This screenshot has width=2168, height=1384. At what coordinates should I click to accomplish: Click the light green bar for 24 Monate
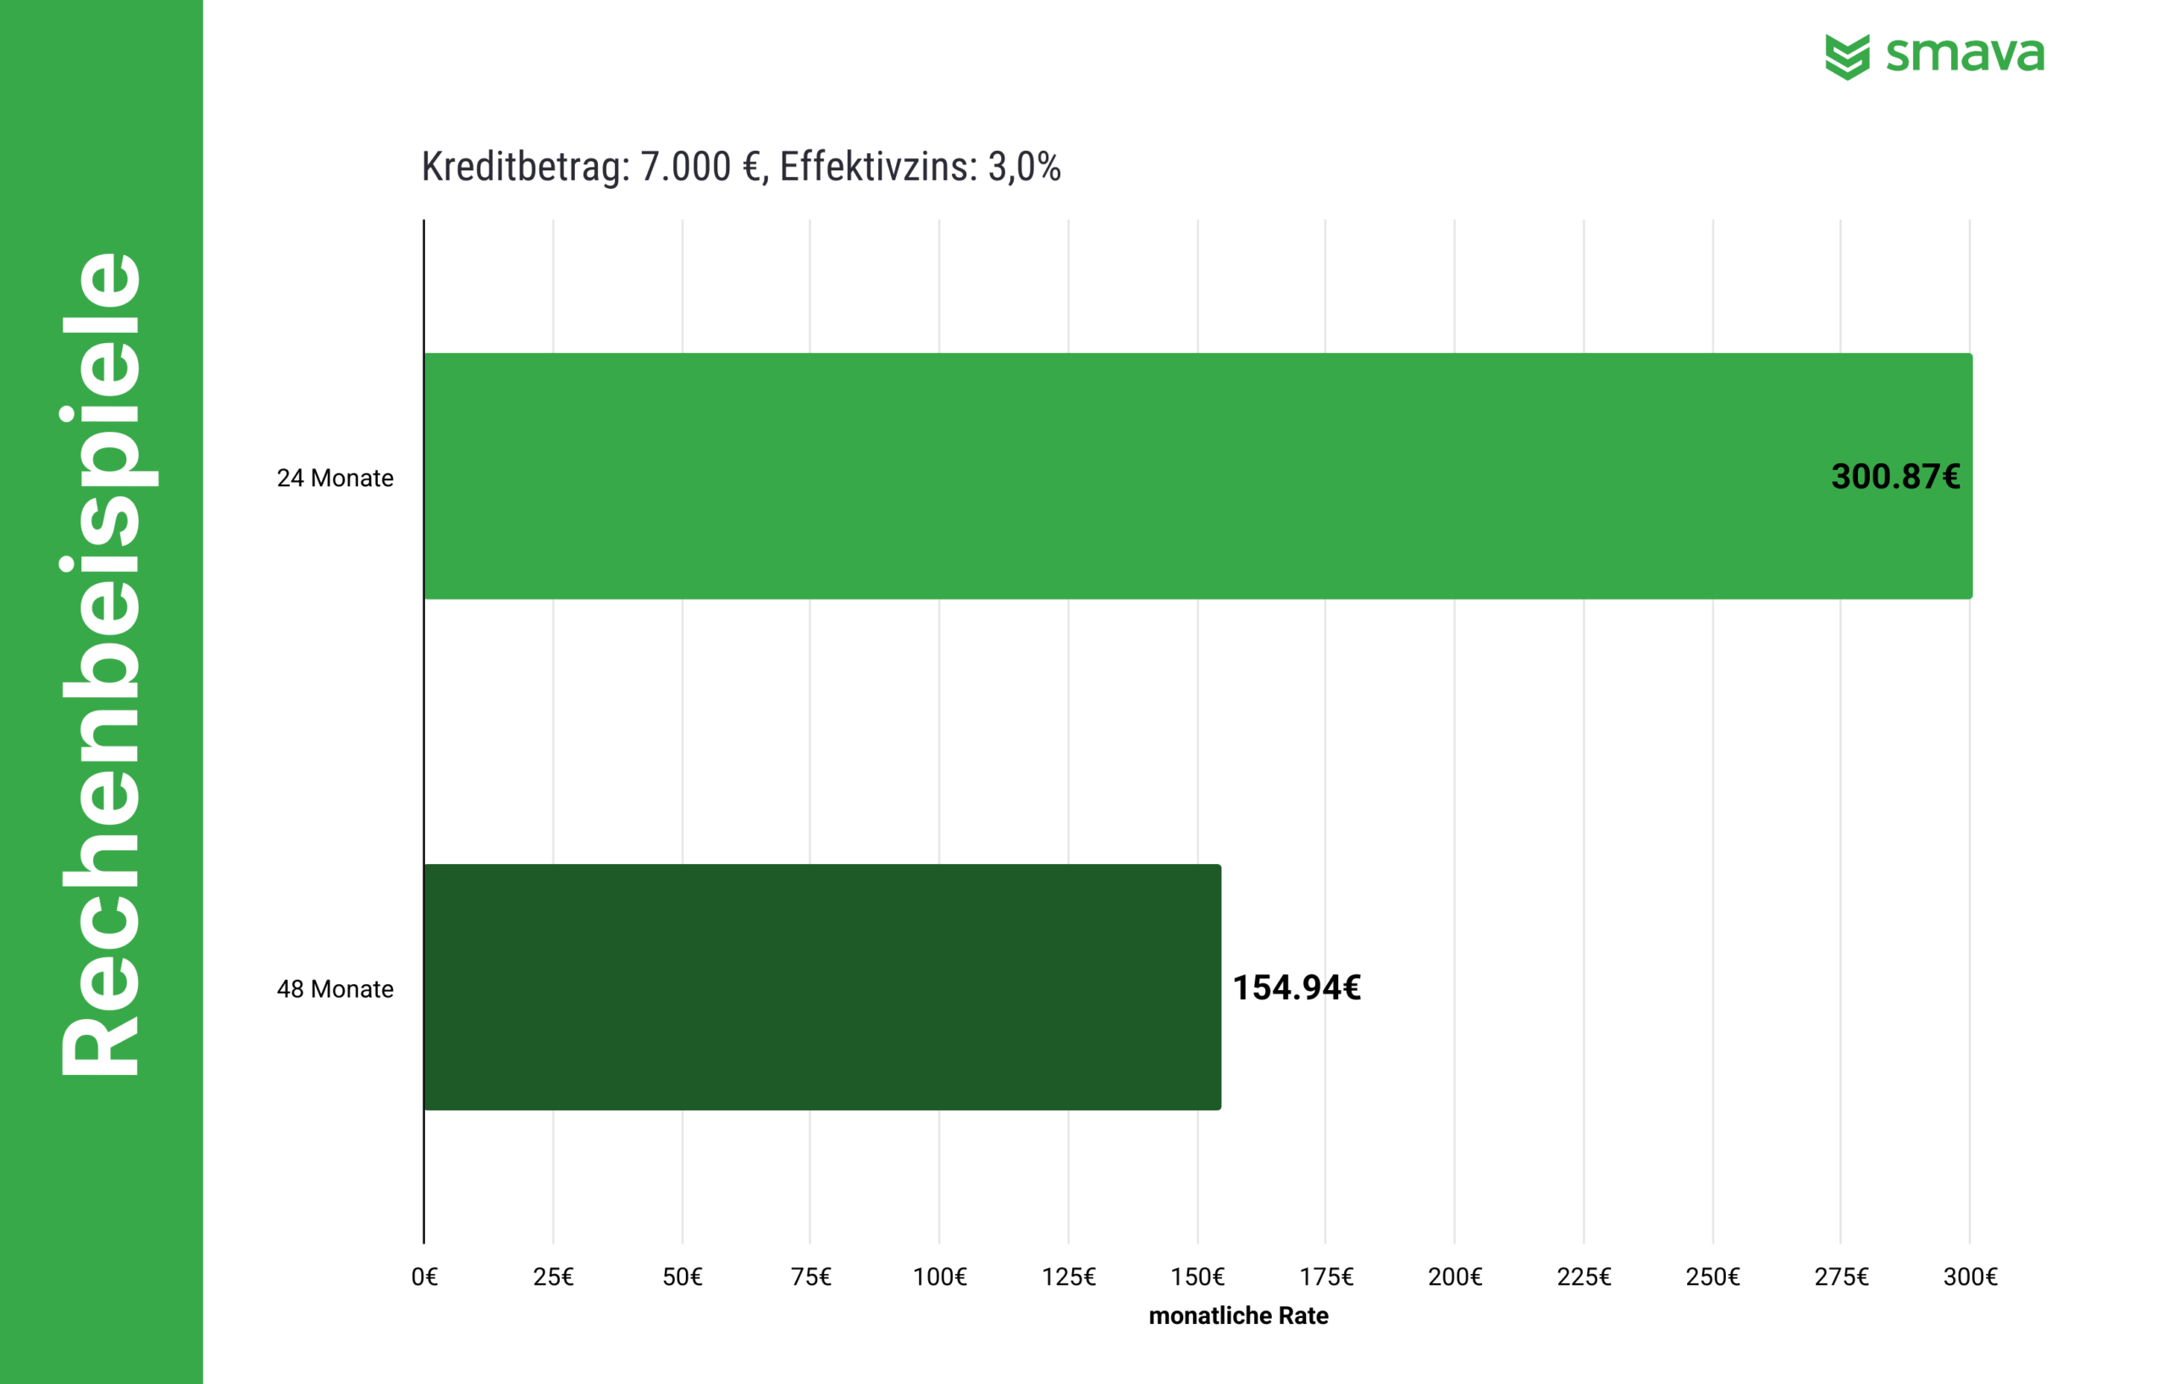(1081, 475)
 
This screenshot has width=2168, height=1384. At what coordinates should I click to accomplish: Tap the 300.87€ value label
(1895, 476)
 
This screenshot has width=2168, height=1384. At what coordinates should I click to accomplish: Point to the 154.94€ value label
(1296, 988)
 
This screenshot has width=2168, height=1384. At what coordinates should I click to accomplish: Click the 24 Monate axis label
(335, 479)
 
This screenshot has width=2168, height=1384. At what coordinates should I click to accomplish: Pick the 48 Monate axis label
(335, 988)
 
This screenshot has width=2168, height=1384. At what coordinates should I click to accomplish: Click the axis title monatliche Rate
(1238, 1315)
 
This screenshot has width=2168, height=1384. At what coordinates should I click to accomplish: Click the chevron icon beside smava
(1846, 57)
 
